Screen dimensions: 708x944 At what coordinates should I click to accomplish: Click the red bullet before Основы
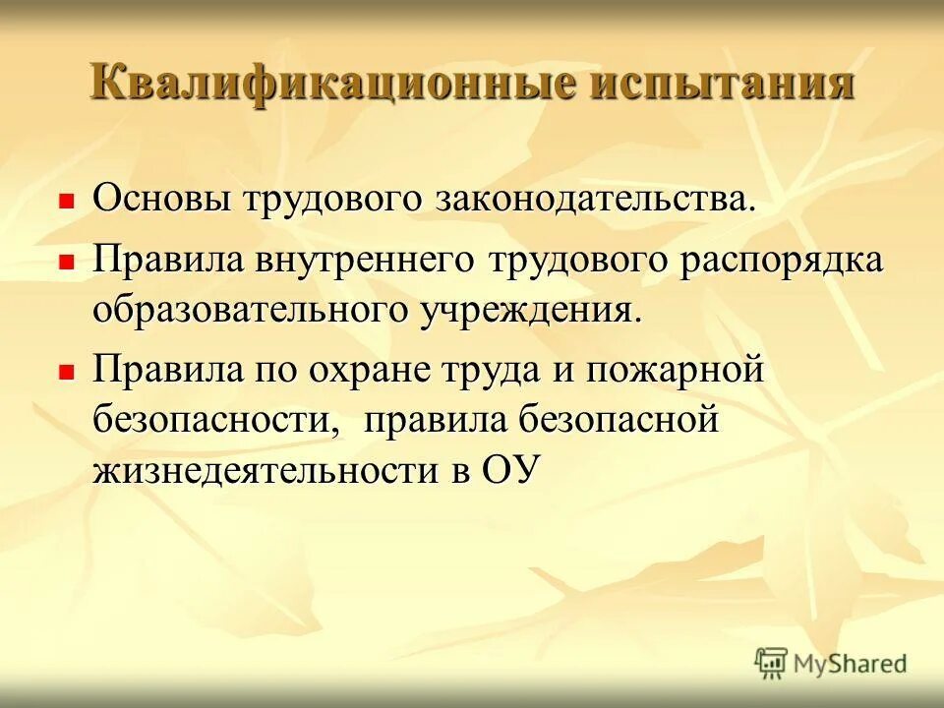67,203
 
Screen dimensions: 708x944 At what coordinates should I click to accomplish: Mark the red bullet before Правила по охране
67,374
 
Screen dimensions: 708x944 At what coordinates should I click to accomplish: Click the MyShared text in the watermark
852,664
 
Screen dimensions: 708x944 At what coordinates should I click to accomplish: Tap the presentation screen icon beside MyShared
772,663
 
